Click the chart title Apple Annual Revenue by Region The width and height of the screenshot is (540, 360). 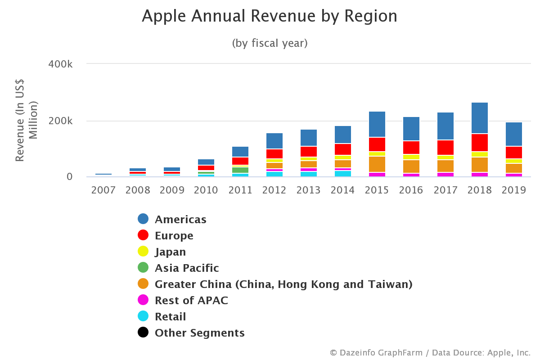pyautogui.click(x=270, y=17)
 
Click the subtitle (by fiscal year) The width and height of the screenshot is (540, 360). pyautogui.click(x=270, y=43)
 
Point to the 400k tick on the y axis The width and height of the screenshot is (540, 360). pyautogui.click(x=60, y=64)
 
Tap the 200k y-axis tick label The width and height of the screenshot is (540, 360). pyautogui.click(x=60, y=121)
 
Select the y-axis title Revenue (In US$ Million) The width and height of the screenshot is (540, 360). pyautogui.click(x=26, y=120)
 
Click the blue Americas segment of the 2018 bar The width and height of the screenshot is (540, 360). pyautogui.click(x=480, y=118)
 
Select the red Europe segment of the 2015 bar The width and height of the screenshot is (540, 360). pyautogui.click(x=377, y=144)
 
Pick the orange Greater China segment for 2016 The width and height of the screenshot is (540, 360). pyautogui.click(x=411, y=166)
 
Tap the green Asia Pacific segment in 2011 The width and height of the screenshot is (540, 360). pyautogui.click(x=240, y=170)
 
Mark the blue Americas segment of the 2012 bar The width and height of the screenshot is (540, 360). pyautogui.click(x=274, y=141)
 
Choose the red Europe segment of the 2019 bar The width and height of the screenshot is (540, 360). pyautogui.click(x=514, y=153)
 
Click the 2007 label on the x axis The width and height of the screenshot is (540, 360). pyautogui.click(x=103, y=190)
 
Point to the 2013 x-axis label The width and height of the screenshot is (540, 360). pyautogui.click(x=309, y=190)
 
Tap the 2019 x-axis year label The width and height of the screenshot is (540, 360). pyautogui.click(x=514, y=190)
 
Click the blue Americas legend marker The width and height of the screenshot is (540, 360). pyautogui.click(x=143, y=219)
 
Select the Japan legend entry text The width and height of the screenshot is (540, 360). pyautogui.click(x=170, y=252)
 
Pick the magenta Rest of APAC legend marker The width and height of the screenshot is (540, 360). pyautogui.click(x=143, y=300)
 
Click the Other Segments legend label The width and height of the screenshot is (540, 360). pyautogui.click(x=200, y=333)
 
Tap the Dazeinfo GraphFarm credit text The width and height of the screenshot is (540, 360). pyautogui.click(x=430, y=353)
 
